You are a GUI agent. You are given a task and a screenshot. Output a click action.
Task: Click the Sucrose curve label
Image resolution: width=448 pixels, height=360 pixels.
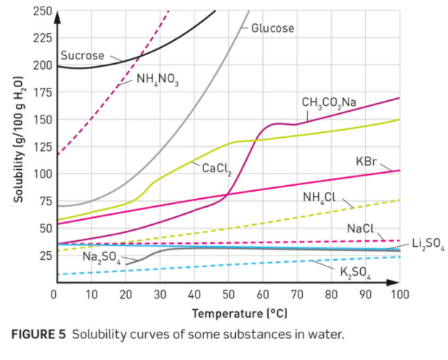[82, 55]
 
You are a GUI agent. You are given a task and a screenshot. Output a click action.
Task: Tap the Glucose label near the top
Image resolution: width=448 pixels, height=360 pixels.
[273, 28]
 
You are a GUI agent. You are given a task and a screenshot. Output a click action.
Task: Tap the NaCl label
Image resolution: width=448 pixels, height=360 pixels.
[360, 229]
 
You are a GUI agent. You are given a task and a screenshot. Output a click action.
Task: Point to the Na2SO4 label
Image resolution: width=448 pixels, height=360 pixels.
[100, 256]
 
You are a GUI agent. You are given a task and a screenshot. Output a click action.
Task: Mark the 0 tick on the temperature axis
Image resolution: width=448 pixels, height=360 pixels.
[54, 295]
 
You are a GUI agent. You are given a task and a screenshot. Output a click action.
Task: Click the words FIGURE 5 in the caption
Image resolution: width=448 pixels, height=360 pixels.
[37, 335]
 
